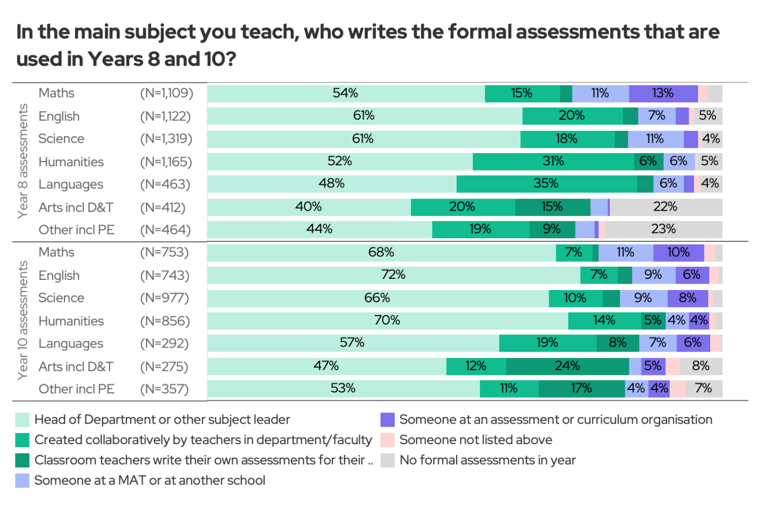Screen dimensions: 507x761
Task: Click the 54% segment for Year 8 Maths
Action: coord(346,93)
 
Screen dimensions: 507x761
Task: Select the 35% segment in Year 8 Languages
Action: coord(546,184)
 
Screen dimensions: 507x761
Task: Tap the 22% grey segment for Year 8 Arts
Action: coord(665,207)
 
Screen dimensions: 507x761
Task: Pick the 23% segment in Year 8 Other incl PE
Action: coord(664,229)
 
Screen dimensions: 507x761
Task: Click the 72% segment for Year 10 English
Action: coord(393,275)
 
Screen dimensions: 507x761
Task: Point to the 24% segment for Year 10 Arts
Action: coord(568,366)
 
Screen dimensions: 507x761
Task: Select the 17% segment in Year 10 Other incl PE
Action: coord(581,389)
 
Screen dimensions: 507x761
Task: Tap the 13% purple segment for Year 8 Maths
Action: coord(663,93)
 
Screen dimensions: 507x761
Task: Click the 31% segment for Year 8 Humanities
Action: coord(553,161)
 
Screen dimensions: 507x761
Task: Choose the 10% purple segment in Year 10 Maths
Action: coord(679,252)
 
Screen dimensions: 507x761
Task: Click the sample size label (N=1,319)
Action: coord(166,139)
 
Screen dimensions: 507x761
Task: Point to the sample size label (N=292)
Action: coord(164,344)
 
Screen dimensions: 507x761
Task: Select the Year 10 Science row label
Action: coord(61,298)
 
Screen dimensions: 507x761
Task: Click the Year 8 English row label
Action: coord(59,116)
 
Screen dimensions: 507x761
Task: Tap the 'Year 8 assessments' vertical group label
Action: coord(23,161)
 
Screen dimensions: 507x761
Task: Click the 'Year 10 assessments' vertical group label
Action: coord(23,321)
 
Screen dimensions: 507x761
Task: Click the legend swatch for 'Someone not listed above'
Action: coord(387,440)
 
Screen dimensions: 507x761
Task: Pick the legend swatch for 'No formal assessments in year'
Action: coord(387,460)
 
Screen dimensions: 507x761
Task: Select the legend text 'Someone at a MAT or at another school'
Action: coord(150,481)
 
